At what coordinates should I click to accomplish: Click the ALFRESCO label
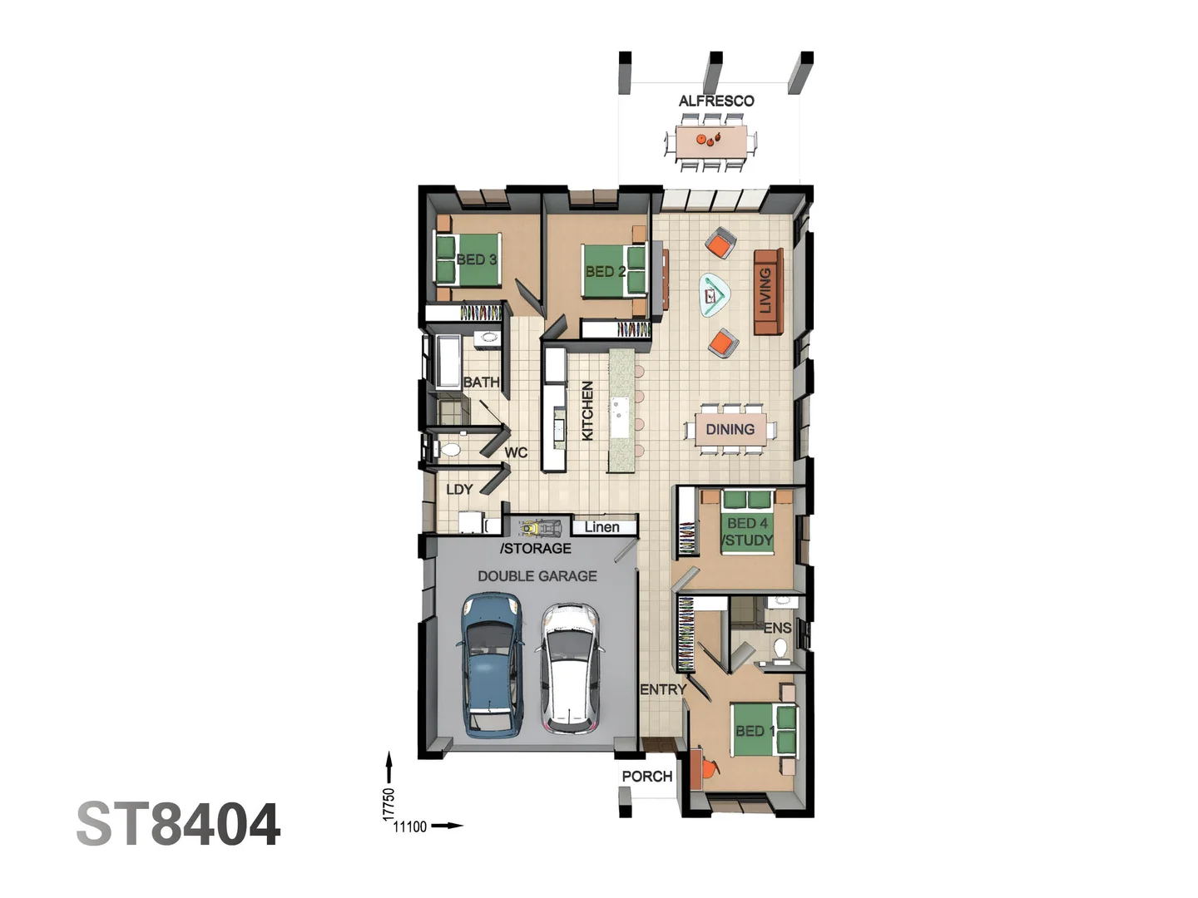[x=716, y=101]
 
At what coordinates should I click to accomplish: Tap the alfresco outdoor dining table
[x=711, y=141]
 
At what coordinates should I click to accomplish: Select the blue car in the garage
[x=492, y=664]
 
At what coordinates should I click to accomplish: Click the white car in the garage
[x=570, y=668]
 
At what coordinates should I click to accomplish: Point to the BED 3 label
[x=477, y=259]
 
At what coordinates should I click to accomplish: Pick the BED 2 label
[x=605, y=271]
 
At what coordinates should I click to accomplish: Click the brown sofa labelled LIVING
[x=767, y=291]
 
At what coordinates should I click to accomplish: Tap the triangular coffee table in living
[x=714, y=294]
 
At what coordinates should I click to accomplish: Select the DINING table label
[x=730, y=429]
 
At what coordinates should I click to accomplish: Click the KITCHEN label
[x=587, y=411]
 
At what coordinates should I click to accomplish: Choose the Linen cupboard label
[x=601, y=527]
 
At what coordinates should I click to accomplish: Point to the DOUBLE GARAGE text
[x=537, y=575]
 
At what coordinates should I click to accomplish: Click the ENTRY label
[x=663, y=689]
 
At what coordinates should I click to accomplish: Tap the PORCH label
[x=646, y=777]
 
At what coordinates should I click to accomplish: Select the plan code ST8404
[x=178, y=825]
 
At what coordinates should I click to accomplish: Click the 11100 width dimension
[x=409, y=826]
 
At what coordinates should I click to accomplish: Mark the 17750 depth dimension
[x=389, y=804]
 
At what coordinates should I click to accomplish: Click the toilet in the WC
[x=450, y=450]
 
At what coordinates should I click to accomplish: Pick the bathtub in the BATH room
[x=448, y=363]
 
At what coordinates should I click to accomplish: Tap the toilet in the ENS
[x=781, y=648]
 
